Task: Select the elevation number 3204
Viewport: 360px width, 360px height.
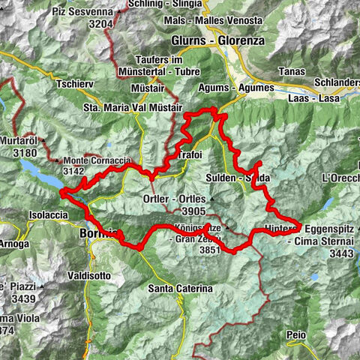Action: pos(99,23)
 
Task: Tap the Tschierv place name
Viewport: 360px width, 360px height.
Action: pos(73,83)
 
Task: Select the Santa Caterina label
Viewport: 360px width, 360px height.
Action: pos(180,288)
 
